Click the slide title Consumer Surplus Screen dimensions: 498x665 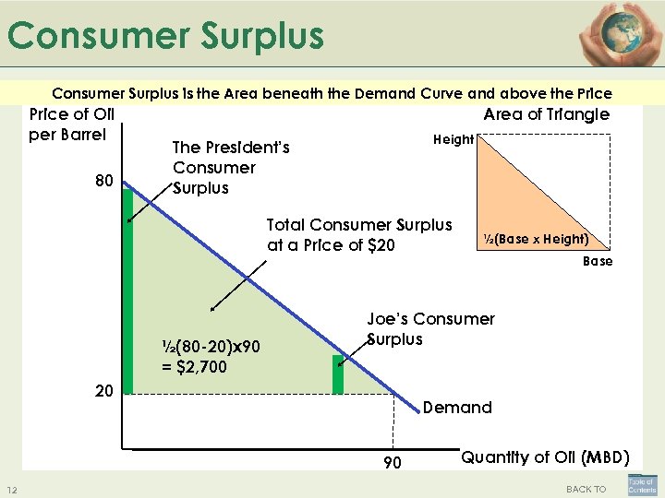[166, 36]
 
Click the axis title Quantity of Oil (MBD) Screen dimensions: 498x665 [545, 456]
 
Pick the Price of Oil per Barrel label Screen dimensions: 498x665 [72, 124]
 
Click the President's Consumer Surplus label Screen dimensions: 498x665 [231, 168]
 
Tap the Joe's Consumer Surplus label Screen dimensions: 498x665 [430, 329]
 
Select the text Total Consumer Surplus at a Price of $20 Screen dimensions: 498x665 [358, 235]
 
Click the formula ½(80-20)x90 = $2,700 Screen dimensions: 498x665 [211, 356]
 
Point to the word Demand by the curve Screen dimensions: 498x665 [457, 408]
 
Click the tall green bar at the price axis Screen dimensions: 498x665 [127, 290]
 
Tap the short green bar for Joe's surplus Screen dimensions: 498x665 [338, 374]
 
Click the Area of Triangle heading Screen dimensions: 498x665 [547, 114]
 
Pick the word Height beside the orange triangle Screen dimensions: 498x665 [453, 139]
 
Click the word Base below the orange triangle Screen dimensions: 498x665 [597, 262]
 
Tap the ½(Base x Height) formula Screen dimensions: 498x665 [536, 239]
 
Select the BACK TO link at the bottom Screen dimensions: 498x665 [586, 489]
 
